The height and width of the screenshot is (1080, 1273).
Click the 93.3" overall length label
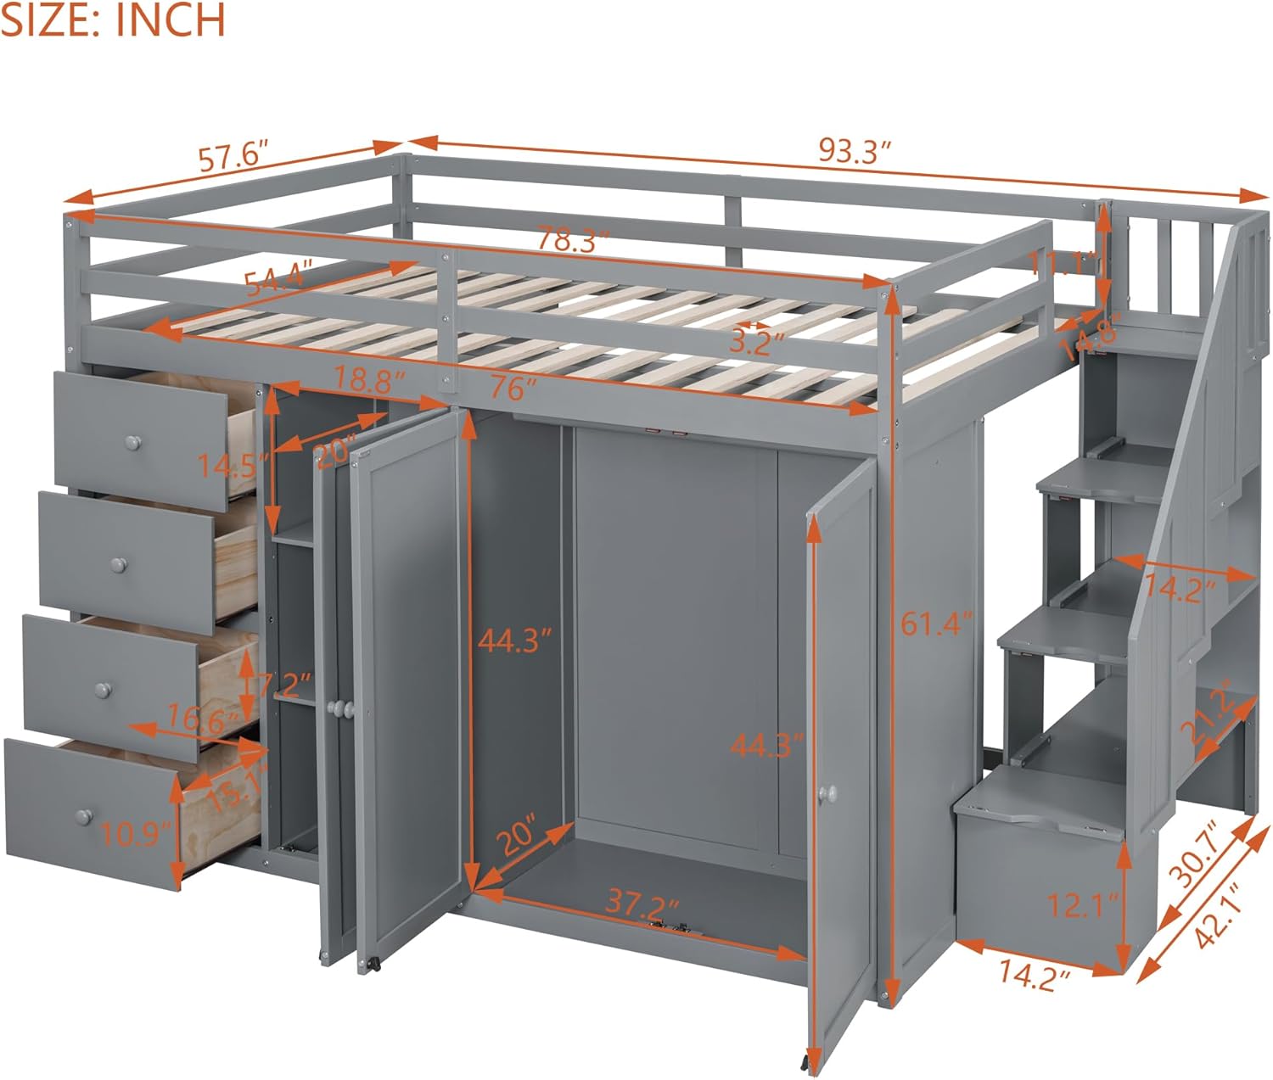[x=855, y=152]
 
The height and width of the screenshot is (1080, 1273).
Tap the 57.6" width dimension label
[x=233, y=159]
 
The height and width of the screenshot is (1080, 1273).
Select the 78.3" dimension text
[x=573, y=240]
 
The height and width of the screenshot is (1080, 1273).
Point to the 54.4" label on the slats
[x=278, y=277]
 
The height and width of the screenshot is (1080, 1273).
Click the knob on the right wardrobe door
[x=827, y=792]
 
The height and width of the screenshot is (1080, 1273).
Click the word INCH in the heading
[x=171, y=19]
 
